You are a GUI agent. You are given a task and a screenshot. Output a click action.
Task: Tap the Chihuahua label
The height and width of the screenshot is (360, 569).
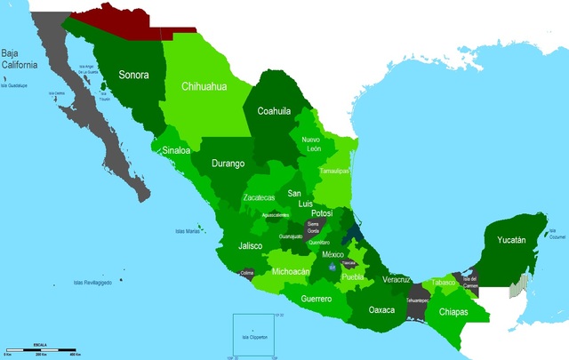204,87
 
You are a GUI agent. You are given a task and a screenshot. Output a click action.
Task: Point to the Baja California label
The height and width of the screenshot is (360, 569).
19,59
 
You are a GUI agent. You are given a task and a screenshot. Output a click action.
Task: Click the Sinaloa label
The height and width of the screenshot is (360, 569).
176,150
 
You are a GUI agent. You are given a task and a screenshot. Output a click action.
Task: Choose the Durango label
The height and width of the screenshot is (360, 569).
228,164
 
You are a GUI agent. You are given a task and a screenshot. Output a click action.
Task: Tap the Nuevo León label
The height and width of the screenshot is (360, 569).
311,145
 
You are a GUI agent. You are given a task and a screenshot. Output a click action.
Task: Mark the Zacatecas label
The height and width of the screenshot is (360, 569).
264,197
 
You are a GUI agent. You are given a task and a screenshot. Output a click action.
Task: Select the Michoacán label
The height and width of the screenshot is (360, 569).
291,270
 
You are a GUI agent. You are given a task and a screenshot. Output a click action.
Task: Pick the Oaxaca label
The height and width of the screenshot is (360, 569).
382,311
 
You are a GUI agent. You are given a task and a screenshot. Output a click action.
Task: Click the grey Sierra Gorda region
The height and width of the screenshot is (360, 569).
314,228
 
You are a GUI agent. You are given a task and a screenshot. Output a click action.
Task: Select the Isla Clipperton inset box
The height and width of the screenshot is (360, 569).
256,335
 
